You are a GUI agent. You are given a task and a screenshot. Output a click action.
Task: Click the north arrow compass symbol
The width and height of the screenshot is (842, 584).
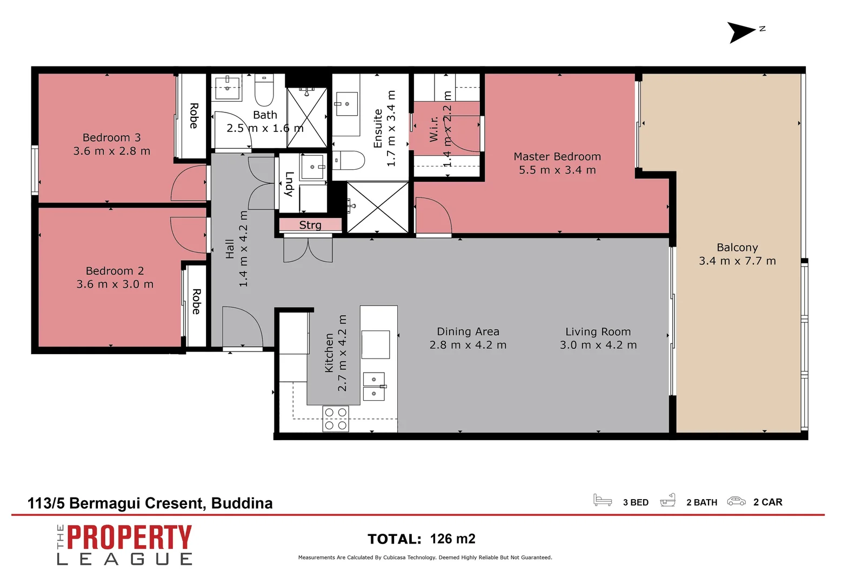tap(740, 32)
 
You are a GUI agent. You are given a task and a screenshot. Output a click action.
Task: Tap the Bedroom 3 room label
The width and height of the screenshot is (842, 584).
tap(111, 137)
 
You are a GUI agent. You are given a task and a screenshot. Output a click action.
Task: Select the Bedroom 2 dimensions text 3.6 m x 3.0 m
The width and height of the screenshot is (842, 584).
tap(115, 284)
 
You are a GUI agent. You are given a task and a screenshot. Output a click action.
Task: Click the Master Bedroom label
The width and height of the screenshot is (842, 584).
tap(557, 156)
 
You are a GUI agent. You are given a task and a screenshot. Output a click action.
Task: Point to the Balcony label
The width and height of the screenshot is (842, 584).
tap(737, 247)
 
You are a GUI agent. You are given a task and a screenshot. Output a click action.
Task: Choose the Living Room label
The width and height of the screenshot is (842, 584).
tap(598, 331)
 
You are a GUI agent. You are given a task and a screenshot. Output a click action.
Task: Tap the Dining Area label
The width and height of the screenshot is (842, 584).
tap(467, 331)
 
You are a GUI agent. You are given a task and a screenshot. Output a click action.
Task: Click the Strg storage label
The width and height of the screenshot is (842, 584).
tap(310, 225)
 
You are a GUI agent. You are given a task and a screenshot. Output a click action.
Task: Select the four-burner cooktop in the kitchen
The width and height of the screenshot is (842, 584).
tap(335, 419)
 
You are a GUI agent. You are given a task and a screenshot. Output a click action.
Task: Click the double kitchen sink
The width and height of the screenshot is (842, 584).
tap(374, 386)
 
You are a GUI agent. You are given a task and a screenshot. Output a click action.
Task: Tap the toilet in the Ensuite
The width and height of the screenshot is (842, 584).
tap(350, 161)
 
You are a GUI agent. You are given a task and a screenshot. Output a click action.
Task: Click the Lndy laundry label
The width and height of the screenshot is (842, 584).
tap(289, 184)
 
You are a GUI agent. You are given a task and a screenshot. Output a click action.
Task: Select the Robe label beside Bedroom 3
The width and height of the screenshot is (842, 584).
tap(193, 116)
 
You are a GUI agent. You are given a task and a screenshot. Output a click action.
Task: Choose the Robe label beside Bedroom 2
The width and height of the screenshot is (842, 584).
tap(196, 301)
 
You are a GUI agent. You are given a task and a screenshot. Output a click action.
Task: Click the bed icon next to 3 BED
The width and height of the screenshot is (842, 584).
tap(602, 500)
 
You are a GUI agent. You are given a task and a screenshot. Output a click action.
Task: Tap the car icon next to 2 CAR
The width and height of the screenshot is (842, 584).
tap(736, 501)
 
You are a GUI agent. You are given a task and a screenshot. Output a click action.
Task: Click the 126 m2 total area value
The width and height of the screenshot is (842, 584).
tap(452, 539)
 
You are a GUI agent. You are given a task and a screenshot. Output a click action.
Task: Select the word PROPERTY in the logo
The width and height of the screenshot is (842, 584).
tap(129, 537)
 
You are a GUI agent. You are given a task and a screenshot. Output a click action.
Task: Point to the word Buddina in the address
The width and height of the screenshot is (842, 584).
tap(242, 503)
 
